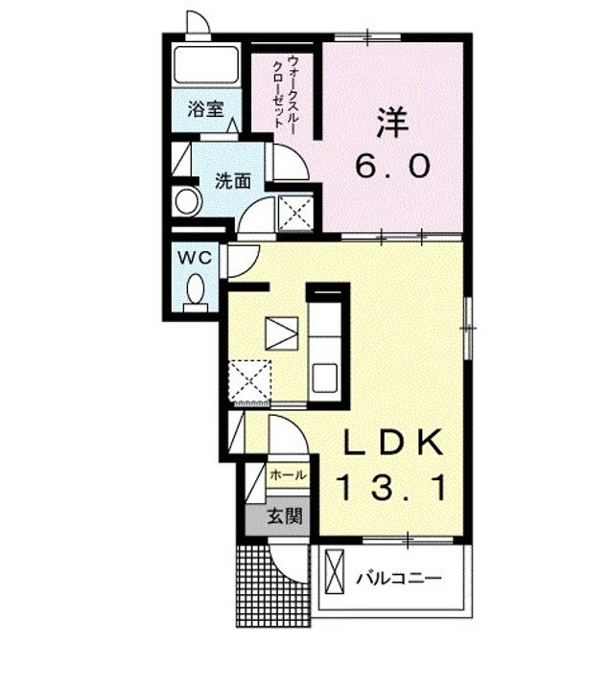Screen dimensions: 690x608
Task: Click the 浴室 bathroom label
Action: click(206, 108)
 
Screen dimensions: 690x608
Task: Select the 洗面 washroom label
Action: click(233, 180)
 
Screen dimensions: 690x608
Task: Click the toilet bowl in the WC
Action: click(197, 288)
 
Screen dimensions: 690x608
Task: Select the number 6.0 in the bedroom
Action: click(392, 167)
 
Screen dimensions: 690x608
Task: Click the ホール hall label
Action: click(288, 475)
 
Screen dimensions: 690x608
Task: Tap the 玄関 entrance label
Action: click(284, 517)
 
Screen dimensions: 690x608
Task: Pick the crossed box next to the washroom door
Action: click(295, 211)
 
